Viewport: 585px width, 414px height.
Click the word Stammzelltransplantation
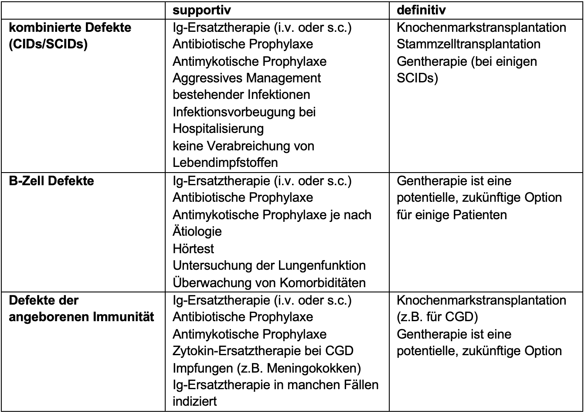(469, 44)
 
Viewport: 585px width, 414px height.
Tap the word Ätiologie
(197, 231)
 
